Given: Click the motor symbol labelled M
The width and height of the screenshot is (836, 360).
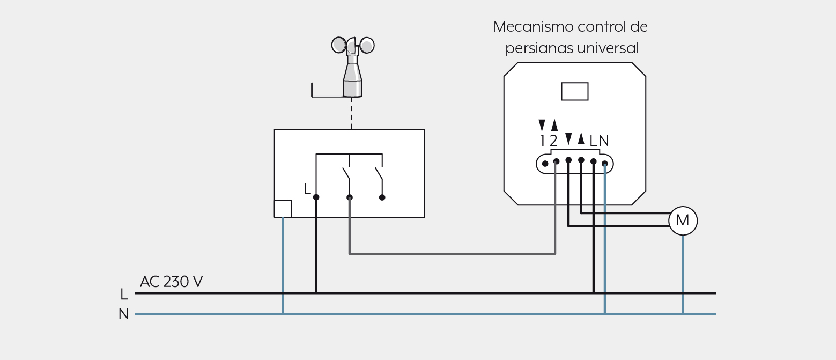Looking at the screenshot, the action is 683,221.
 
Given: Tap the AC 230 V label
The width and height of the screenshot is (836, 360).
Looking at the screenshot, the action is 171,282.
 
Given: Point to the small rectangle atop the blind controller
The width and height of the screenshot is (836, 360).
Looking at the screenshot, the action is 575,92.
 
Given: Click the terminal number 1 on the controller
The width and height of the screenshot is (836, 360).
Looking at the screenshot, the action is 542,141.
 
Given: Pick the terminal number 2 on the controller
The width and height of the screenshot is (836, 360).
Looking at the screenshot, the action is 553,141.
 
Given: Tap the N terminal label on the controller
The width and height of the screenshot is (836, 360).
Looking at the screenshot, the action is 604,141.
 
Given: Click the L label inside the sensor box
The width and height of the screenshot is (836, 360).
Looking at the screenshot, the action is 307,189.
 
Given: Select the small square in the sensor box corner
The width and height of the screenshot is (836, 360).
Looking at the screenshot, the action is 283,209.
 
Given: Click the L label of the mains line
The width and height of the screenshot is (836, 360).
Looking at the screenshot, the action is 124,294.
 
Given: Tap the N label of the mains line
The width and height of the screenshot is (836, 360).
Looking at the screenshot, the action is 123,314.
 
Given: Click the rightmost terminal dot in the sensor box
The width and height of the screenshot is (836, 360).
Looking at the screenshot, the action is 382,197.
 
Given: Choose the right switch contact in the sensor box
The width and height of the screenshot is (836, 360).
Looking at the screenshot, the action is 379,174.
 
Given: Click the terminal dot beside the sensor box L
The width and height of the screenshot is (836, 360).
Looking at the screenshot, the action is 316,197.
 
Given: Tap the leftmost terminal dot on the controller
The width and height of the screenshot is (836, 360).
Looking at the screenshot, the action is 545,164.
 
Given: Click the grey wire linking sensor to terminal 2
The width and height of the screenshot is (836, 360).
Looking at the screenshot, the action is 453,254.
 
